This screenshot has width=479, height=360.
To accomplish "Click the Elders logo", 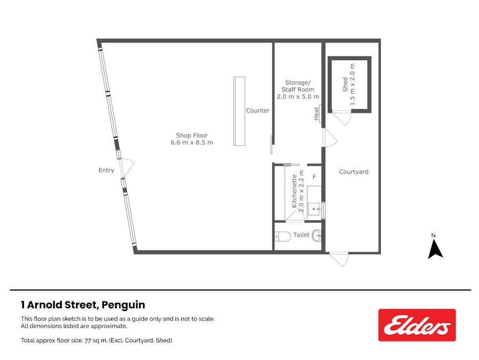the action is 417,325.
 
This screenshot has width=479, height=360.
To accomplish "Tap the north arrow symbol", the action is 435,249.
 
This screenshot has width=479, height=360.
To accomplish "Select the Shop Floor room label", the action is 192,139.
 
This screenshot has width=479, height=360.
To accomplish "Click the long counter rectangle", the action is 239,111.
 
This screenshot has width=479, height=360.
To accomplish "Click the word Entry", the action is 106,170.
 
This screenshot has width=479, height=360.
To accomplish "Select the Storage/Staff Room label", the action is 298,90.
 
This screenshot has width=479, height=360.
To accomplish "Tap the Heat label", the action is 316,114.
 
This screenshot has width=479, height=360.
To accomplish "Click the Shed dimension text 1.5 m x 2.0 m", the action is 352,84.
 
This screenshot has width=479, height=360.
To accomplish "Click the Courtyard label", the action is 354,172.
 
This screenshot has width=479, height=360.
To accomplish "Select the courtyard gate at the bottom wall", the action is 339,259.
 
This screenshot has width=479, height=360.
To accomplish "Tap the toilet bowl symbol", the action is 282,237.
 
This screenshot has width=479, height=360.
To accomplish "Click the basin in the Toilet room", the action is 317,236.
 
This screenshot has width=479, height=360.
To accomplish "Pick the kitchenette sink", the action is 314,210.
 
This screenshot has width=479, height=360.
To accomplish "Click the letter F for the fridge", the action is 314,177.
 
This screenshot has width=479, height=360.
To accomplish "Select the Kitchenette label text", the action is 294,191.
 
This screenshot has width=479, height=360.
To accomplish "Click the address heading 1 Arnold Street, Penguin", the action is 83,305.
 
